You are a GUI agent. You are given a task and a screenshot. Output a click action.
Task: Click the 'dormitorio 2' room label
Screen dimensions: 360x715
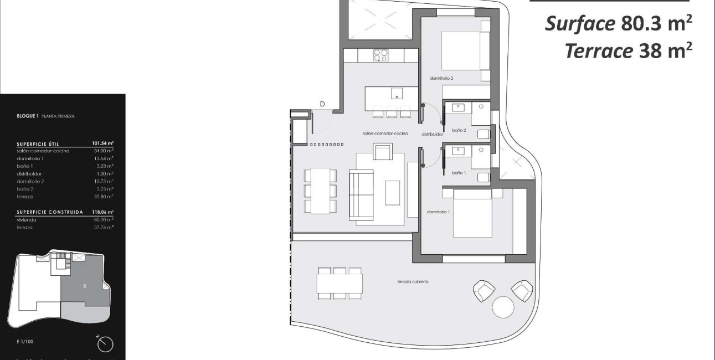441,79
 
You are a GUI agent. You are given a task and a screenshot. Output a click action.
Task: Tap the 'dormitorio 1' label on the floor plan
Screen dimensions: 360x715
438,212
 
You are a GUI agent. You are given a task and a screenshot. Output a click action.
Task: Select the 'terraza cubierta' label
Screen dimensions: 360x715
413,282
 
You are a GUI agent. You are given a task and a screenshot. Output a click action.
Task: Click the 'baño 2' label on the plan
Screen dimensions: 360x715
459,130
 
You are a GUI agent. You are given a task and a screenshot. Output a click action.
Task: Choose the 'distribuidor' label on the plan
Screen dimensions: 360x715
432,134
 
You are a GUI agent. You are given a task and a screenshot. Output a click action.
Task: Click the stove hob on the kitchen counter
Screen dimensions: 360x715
381,55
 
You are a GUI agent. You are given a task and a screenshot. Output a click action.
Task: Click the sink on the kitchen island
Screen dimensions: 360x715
397,92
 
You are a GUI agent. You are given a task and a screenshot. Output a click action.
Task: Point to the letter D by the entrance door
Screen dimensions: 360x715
322,104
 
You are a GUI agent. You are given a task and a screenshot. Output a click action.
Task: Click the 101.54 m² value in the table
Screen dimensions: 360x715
102,143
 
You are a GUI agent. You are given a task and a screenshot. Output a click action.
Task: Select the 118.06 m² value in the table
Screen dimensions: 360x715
102,212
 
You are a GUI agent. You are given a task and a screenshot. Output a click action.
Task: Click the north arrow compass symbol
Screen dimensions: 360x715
105,344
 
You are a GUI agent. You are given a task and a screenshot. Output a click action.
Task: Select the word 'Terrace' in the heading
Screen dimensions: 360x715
599,51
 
